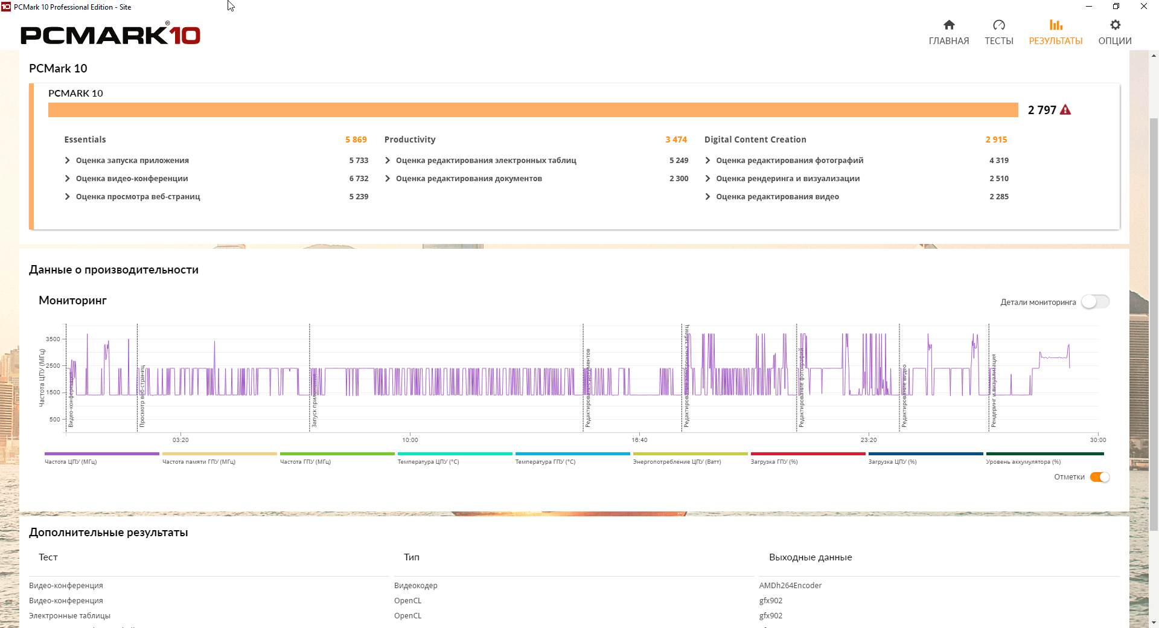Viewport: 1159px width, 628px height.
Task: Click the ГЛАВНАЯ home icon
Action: click(949, 25)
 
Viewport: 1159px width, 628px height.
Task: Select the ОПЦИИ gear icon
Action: click(1115, 25)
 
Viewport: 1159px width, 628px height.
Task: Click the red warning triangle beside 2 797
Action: click(1065, 110)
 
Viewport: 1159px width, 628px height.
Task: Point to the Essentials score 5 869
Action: click(356, 139)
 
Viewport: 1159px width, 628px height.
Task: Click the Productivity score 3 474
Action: click(676, 139)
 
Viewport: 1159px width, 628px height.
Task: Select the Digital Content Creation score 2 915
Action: click(996, 139)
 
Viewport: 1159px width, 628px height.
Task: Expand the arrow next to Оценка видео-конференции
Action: click(67, 179)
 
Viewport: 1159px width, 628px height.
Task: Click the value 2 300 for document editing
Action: click(678, 179)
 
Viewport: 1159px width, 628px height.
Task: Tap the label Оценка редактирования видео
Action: click(777, 197)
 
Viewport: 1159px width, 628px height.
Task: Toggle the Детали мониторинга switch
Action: click(1095, 302)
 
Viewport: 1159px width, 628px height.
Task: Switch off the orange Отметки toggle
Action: click(1100, 477)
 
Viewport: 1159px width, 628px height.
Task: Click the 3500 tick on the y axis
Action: click(53, 339)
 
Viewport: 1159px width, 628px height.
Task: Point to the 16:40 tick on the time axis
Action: click(639, 440)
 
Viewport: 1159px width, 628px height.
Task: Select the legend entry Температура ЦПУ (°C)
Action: click(428, 462)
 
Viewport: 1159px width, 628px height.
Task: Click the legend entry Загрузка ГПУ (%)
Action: click(774, 462)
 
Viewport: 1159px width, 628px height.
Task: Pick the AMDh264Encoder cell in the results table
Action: click(790, 586)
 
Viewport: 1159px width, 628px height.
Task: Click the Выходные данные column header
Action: click(810, 557)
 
